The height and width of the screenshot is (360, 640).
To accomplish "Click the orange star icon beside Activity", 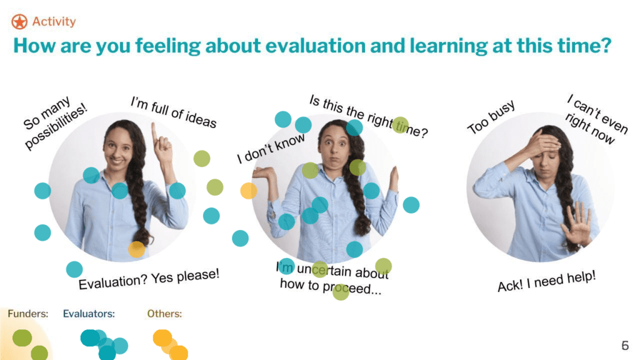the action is coord(19,22).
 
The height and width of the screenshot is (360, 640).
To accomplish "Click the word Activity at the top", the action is coord(54,22).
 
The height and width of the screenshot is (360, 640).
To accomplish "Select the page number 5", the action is coord(625,345).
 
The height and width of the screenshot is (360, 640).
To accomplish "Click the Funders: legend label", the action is coord(27,314).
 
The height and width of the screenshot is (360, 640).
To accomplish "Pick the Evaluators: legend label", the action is coord(89,314).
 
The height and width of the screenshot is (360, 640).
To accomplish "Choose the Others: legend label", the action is coord(164,314).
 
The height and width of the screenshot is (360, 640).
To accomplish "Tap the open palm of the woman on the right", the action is coord(577,224).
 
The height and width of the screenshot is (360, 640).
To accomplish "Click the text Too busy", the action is coord(491,117).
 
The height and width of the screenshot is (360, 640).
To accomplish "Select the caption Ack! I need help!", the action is coord(546,281).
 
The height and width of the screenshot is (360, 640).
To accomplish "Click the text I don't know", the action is coord(271,148).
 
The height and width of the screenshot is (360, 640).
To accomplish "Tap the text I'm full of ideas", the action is coord(174,112).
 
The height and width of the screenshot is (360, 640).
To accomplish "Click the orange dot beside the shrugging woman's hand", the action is coord(249,191).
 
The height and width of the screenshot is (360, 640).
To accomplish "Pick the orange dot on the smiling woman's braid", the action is coord(137,249).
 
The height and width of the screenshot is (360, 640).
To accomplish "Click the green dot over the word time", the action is coord(401,125).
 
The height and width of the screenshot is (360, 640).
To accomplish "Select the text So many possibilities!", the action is coord(55,122).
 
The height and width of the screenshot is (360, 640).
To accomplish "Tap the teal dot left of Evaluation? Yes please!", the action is coord(74,269).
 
